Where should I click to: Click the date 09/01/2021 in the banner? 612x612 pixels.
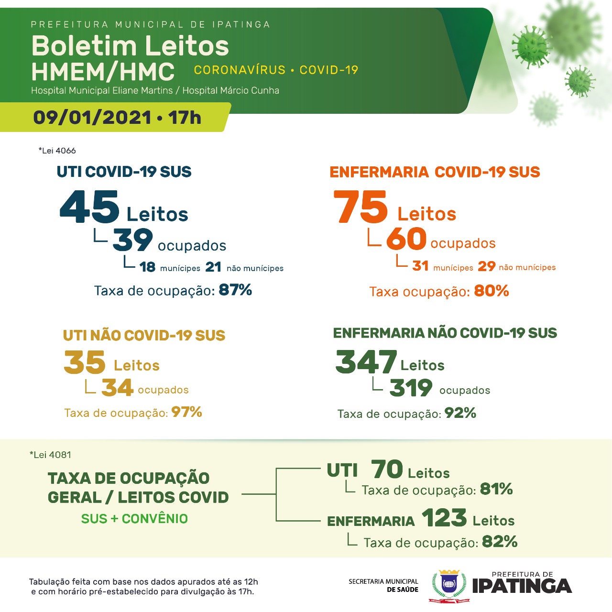click(x=92, y=118)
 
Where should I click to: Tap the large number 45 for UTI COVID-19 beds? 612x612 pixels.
click(x=89, y=207)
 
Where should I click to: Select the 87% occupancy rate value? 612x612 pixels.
click(x=235, y=290)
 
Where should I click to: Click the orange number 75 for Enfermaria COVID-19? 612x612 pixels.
click(x=361, y=207)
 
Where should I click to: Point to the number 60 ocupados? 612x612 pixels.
click(x=406, y=239)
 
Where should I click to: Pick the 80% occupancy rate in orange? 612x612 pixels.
click(x=492, y=291)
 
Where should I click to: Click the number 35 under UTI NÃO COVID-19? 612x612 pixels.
click(x=85, y=362)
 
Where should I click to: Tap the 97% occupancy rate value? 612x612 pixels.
click(x=187, y=412)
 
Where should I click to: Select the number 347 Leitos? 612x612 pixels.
click(x=366, y=362)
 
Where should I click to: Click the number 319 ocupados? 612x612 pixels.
click(x=411, y=388)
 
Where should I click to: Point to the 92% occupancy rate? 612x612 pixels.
click(x=460, y=413)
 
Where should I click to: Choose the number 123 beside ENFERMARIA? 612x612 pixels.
click(x=444, y=518)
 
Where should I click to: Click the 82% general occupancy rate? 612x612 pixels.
click(x=500, y=541)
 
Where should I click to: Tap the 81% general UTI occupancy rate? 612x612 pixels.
click(x=496, y=489)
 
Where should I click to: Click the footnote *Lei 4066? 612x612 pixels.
click(x=57, y=151)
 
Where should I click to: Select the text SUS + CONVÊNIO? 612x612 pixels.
click(x=134, y=519)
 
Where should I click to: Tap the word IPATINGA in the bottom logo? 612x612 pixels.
click(x=522, y=586)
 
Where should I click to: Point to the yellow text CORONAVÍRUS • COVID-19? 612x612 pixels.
click(x=276, y=70)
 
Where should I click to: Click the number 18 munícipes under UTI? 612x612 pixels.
click(x=148, y=267)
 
